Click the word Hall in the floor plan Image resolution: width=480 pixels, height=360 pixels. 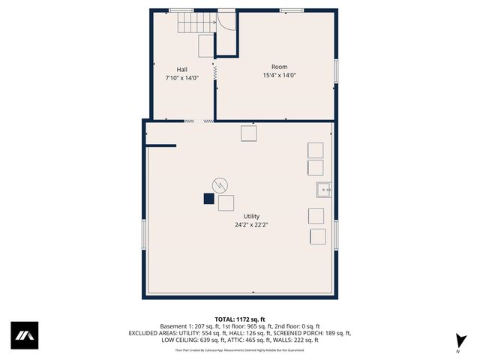[182, 68]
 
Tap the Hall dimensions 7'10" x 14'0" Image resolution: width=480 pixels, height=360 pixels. [182, 77]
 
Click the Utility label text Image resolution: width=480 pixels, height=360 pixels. [251, 216]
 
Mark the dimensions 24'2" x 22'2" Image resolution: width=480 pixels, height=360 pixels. [251, 224]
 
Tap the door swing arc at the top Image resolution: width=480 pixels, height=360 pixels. [226, 22]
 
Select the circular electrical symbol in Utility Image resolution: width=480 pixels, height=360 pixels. [220, 184]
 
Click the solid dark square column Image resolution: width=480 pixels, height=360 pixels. [208, 199]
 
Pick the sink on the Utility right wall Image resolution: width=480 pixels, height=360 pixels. [322, 189]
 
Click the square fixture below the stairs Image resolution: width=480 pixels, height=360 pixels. [205, 46]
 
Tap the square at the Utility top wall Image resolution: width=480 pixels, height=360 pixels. [249, 133]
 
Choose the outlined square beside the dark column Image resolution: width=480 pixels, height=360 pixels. [226, 202]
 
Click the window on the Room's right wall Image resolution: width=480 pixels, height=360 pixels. [335, 70]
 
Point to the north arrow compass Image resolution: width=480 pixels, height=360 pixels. [457, 339]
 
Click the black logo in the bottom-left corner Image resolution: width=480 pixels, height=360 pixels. [24, 335]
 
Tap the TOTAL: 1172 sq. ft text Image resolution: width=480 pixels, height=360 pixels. [240, 319]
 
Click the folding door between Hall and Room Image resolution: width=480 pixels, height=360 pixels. [215, 73]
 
